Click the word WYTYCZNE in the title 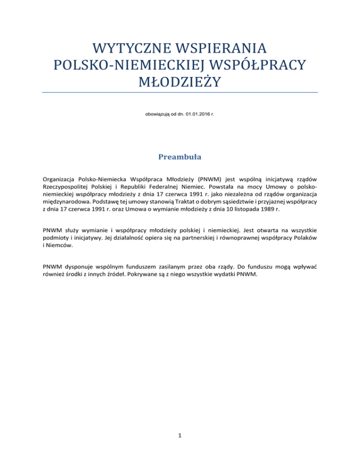point(121,48)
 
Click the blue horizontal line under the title point(180,93)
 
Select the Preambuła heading point(180,157)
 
